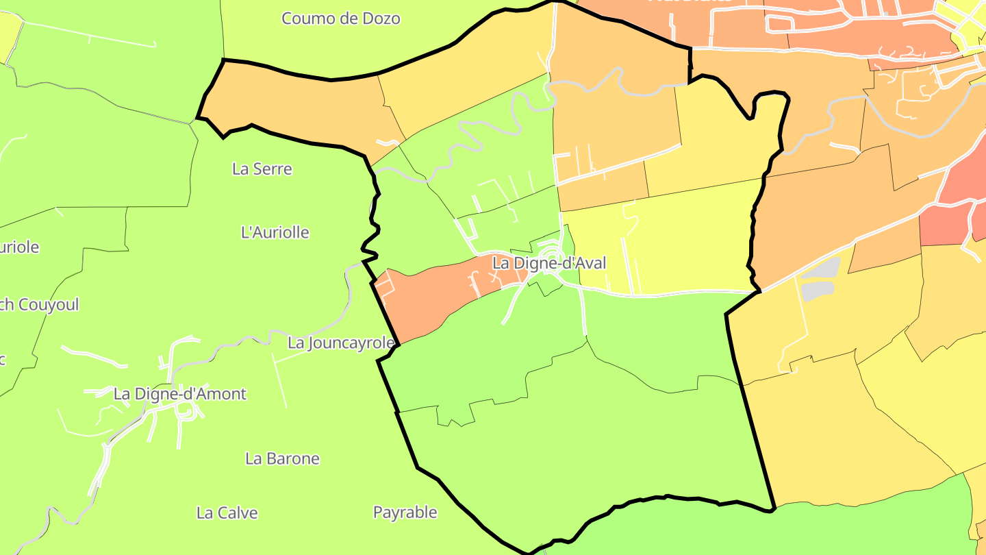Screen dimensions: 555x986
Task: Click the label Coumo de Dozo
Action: (x=340, y=18)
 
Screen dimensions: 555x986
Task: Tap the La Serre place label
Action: (x=262, y=169)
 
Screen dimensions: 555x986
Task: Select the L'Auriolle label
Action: (x=275, y=232)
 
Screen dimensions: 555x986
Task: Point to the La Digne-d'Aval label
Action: (x=549, y=263)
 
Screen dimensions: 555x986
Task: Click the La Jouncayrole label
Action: (x=341, y=343)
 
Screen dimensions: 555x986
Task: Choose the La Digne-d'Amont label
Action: (x=180, y=394)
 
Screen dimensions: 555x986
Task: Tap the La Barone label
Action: (x=282, y=458)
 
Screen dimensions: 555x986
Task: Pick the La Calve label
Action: (x=227, y=513)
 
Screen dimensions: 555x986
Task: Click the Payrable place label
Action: (x=405, y=512)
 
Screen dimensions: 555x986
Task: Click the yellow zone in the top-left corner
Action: (x=8, y=34)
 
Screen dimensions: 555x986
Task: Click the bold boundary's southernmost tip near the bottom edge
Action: (x=529, y=552)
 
